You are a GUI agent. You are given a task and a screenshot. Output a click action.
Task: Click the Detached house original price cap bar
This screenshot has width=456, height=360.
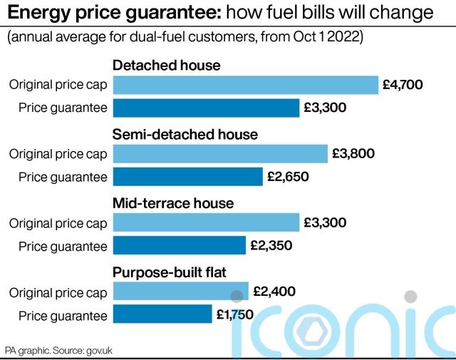[245, 85]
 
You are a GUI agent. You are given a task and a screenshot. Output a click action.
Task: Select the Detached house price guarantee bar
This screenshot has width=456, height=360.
[206, 108]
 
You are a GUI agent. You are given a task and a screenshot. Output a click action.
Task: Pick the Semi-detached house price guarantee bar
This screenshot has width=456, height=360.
[187, 176]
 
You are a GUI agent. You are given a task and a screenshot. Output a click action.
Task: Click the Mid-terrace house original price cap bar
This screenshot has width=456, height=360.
[206, 222]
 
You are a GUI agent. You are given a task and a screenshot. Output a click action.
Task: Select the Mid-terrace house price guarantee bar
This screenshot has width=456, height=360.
[179, 246]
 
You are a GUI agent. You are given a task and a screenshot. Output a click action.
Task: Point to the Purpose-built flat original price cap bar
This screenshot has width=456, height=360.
[180, 292]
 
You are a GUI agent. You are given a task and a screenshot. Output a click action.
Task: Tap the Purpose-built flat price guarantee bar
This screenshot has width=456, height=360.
[162, 314]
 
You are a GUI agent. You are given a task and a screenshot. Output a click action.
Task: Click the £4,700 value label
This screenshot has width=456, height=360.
[403, 85]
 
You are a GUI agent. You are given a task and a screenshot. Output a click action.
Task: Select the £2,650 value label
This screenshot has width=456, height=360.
[288, 176]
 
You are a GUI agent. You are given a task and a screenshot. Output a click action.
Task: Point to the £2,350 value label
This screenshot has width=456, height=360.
[271, 246]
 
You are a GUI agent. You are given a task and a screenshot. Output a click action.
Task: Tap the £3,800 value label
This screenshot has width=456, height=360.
[353, 153]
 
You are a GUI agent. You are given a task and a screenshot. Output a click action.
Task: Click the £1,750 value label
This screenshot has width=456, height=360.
[235, 314]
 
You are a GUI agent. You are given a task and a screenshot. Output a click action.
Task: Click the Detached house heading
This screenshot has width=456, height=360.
[167, 66]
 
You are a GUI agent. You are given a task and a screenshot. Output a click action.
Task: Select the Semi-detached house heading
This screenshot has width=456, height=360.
[185, 134]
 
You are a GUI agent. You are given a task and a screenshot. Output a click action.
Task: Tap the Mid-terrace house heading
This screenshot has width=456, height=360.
[173, 203]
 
